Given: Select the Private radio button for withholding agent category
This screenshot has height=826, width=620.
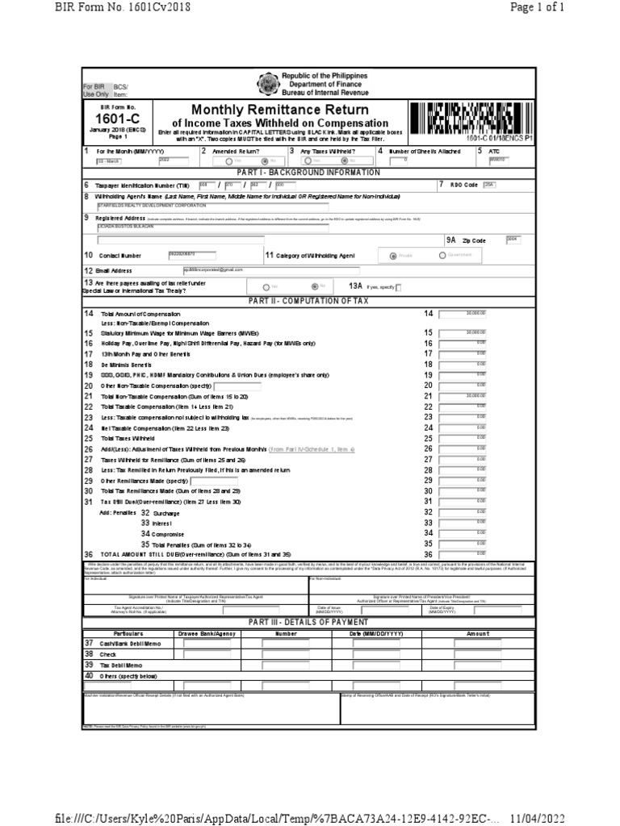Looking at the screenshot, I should coord(393,256).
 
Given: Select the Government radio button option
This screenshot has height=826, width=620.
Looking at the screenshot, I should coord(442,256).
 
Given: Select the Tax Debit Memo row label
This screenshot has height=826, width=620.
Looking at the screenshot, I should coord(120,665).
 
